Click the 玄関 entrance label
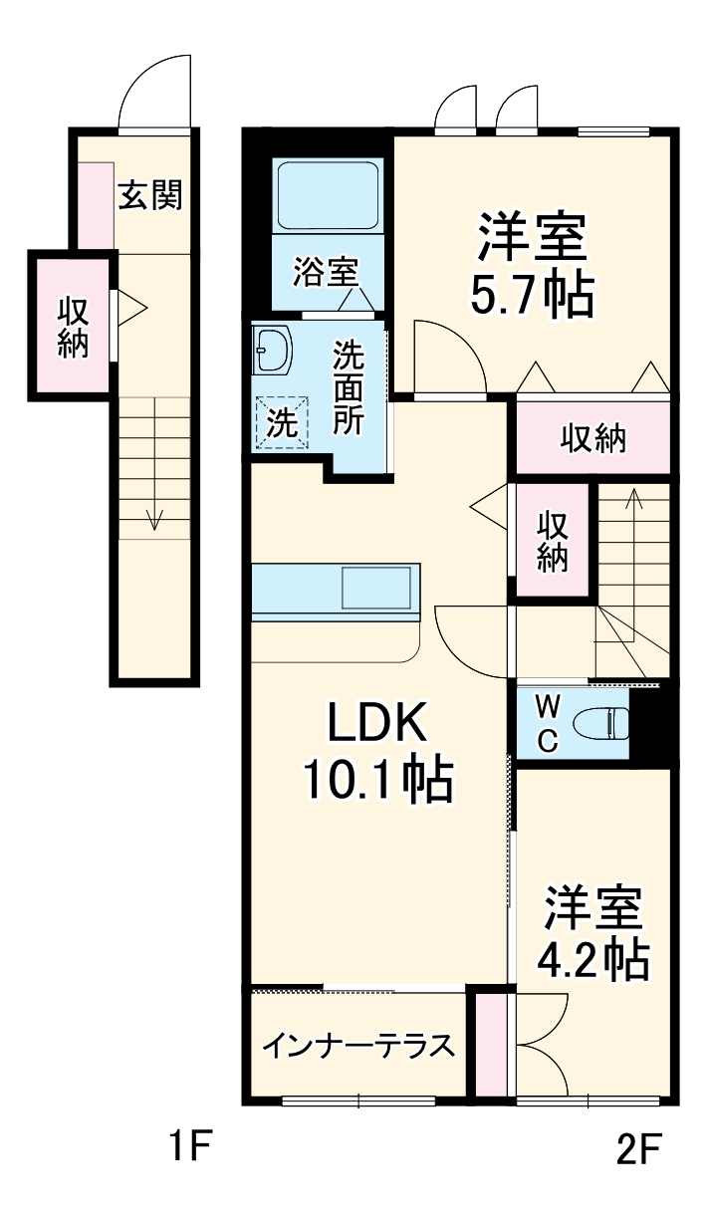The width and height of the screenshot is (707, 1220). point(150,196)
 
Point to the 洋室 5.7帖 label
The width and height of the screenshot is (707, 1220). point(532,265)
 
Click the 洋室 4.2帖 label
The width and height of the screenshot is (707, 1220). point(593,933)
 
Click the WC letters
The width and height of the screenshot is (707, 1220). point(548,722)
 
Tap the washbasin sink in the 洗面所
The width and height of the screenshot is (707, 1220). point(270,349)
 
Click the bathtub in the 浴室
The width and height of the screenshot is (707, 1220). point(327,195)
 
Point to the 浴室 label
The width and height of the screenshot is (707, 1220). point(325,270)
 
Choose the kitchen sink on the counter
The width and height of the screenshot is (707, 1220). point(375,587)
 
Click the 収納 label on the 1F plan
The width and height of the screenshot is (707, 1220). point(72,327)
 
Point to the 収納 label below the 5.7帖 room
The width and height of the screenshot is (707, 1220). point(592,437)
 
